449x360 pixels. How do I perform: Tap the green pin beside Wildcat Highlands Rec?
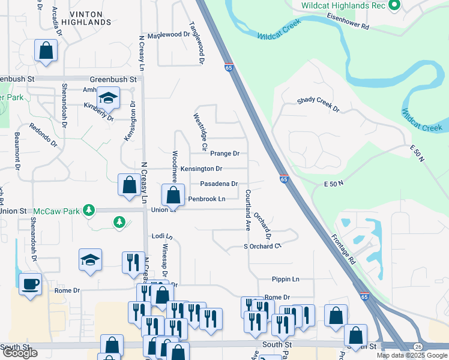pos(394,6)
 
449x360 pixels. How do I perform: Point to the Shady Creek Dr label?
pos(318,106)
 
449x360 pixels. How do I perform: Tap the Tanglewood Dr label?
pos(197,43)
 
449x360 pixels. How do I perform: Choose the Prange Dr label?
pos(224,154)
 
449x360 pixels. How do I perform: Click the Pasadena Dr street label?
pos(218,184)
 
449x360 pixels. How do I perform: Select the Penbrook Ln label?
pos(206,199)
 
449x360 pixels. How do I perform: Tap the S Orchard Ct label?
pos(262,246)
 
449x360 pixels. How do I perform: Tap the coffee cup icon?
pos(30,284)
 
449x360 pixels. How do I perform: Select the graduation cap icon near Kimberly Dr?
pos(108,97)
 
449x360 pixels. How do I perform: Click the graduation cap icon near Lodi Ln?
pos(90,260)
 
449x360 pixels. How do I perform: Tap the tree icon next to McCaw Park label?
pos(89,209)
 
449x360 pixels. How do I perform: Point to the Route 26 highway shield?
pos(417,347)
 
